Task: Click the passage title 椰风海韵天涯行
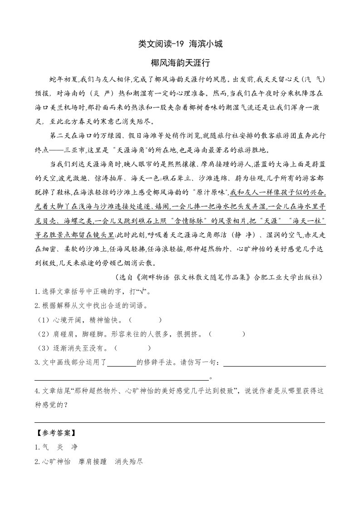(180, 62)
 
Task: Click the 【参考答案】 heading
(56, 433)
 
